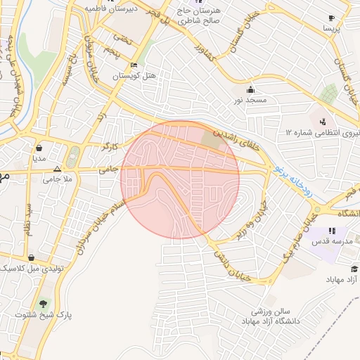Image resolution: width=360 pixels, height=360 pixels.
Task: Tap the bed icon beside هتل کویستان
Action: pos(134,65)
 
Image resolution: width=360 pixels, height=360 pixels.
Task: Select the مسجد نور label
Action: pos(251,101)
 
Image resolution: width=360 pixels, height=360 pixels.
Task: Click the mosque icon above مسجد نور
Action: pos(251,90)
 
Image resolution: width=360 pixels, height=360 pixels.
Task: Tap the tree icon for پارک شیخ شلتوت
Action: pos(44,304)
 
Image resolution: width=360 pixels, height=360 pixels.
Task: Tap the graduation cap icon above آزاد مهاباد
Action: pos(354,269)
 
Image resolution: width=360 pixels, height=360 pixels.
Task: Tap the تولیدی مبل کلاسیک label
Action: pos(26,269)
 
